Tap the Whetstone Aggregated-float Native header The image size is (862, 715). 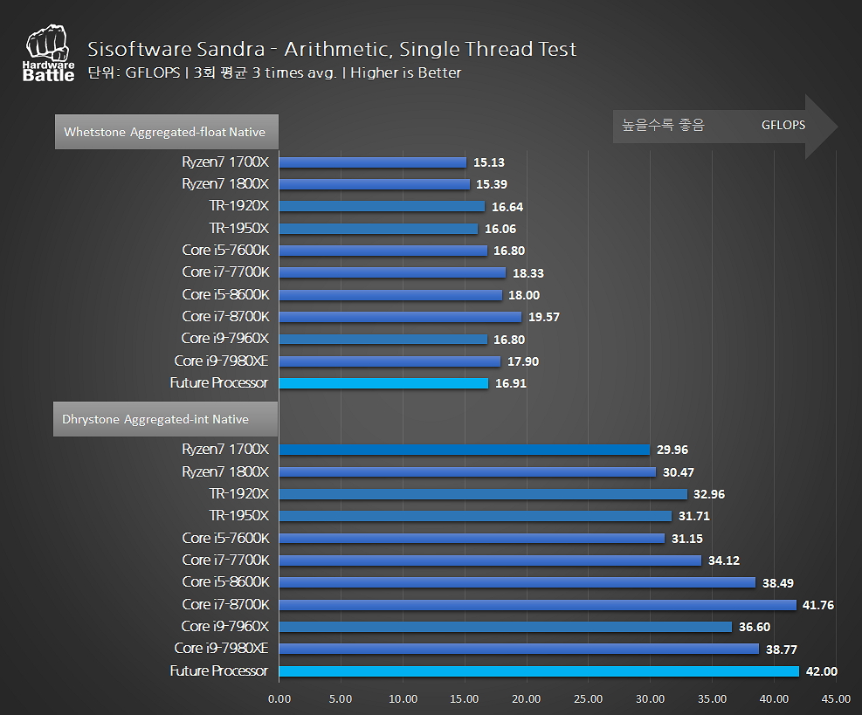[165, 133]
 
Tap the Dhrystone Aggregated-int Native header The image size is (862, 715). [155, 419]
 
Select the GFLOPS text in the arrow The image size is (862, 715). [783, 125]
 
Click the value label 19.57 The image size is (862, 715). [544, 317]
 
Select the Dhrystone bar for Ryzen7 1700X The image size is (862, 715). [464, 450]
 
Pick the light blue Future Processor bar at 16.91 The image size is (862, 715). [383, 383]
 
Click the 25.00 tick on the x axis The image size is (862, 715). [588, 698]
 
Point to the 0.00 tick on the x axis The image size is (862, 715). [279, 698]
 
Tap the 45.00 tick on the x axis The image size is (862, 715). [836, 698]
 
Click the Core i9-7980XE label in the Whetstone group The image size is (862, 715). [221, 361]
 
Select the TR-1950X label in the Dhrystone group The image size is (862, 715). [238, 516]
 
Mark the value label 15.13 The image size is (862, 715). [489, 162]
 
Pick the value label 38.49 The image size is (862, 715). [777, 582]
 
